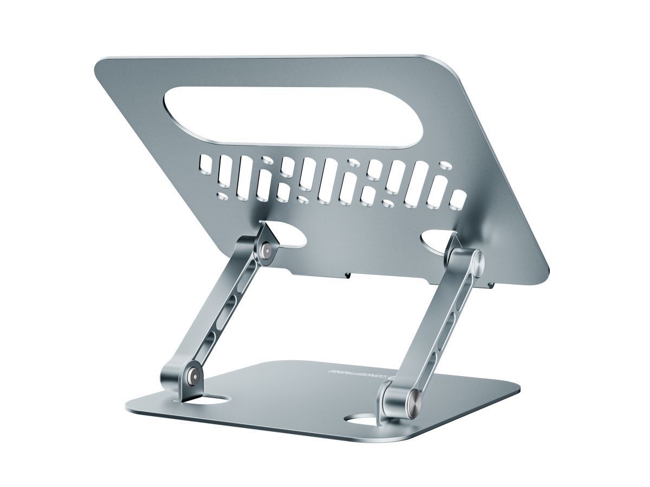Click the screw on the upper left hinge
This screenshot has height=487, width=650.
tap(266, 250)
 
